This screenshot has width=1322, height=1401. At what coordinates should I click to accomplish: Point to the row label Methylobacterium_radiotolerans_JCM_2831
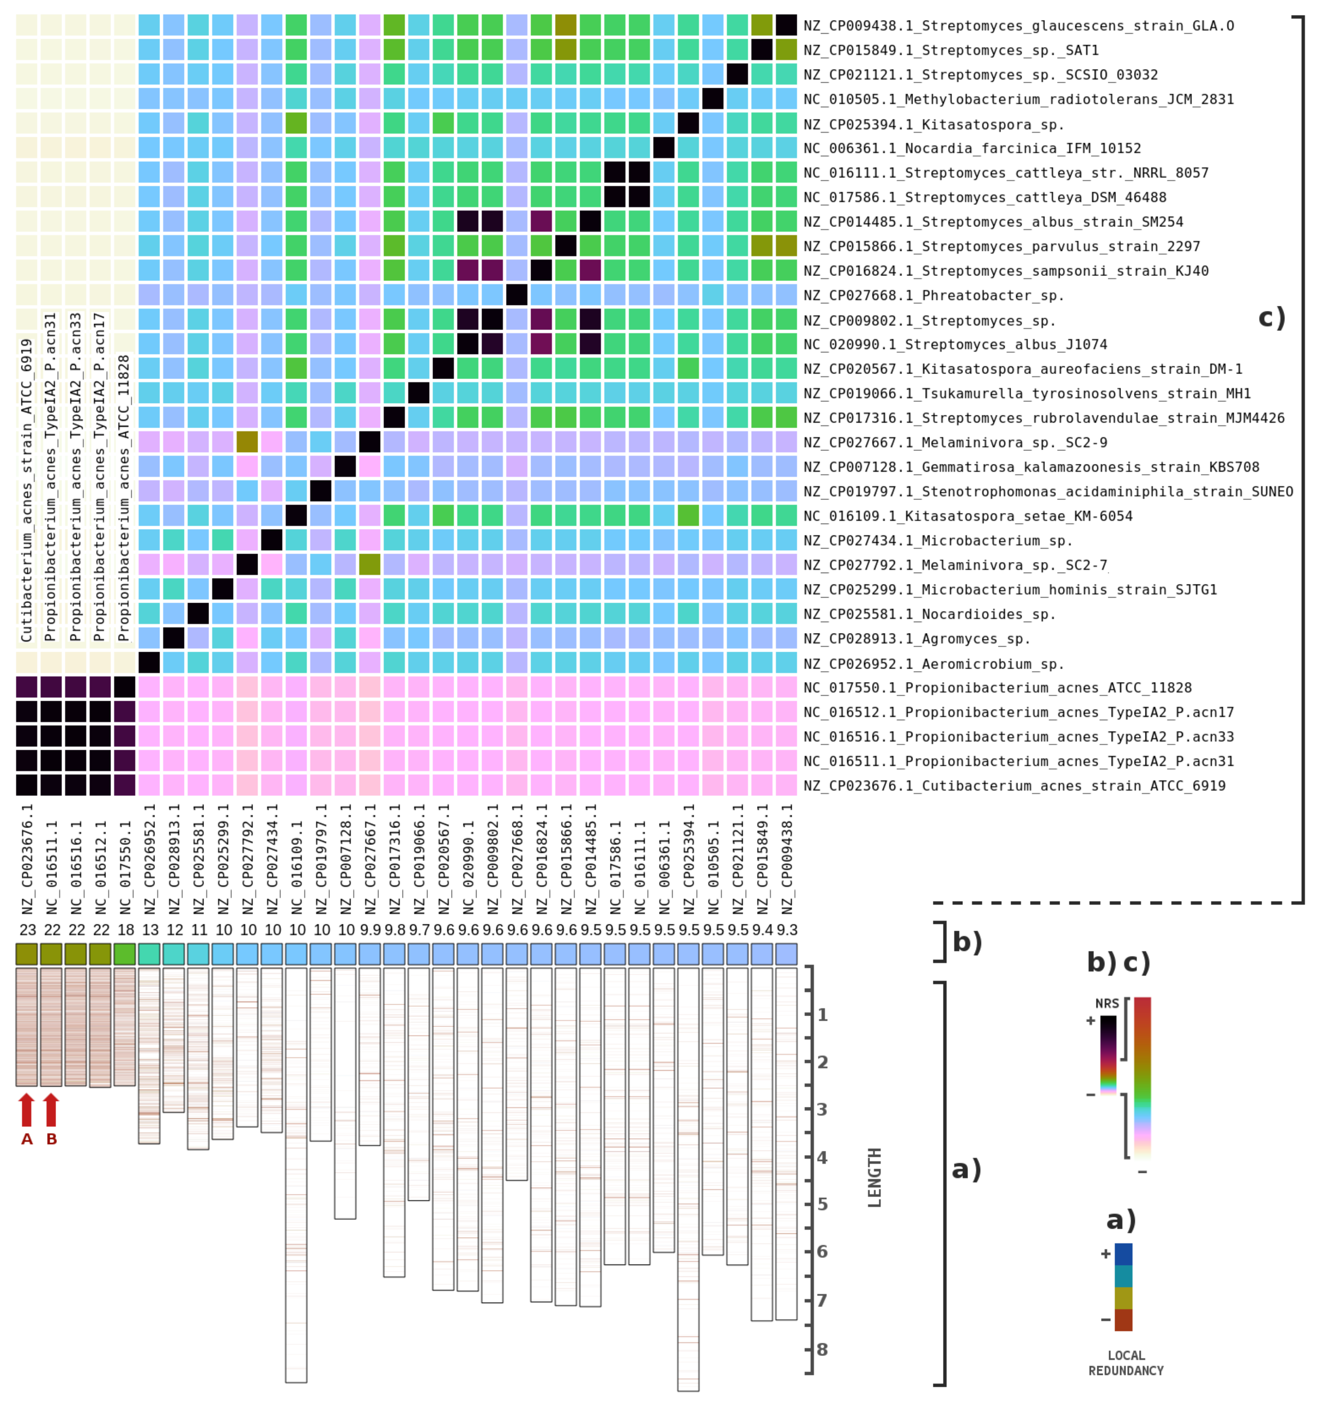pos(1018,99)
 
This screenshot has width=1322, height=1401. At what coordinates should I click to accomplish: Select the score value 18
pos(125,930)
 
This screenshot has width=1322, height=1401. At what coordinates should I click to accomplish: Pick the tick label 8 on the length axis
pos(822,1350)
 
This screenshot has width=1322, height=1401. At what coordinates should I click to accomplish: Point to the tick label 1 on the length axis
pos(822,1015)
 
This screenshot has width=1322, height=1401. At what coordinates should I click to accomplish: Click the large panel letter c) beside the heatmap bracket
pos(1272,318)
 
